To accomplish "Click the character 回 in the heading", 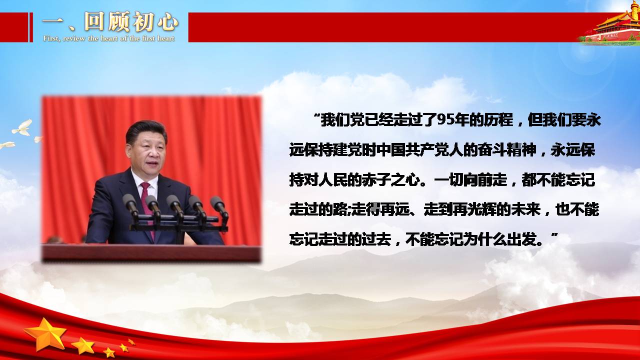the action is (93, 21).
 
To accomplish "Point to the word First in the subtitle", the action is (51, 38).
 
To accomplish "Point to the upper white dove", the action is (22, 128).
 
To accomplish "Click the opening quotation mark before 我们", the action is (316, 116).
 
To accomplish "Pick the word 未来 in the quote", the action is (525, 209).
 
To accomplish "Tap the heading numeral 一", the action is (52, 21).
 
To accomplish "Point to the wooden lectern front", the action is (151, 252).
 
